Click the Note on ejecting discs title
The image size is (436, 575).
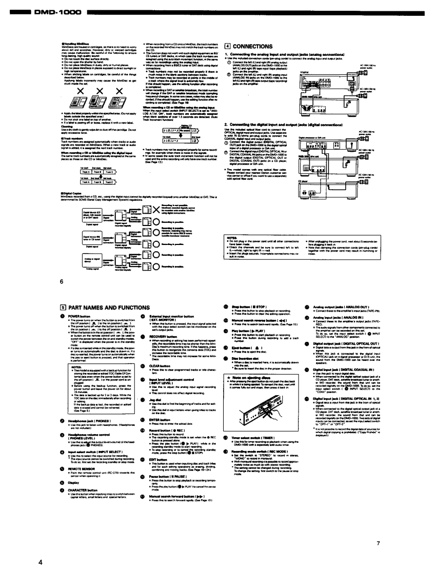254,377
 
